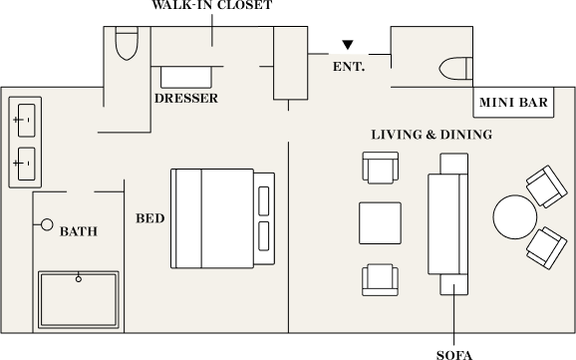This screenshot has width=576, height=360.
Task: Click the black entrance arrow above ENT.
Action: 348,45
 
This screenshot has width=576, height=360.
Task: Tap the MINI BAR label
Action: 513,103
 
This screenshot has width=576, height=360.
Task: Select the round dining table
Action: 514,217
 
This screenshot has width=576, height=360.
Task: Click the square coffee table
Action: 380,222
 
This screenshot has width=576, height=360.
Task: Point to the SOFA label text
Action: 454,355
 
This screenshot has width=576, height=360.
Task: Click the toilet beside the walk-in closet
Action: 127,43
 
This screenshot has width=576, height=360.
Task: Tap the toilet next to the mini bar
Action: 455,69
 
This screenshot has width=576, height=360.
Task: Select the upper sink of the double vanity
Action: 27,121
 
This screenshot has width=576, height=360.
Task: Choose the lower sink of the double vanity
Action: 27,164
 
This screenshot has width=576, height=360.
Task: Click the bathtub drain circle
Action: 79,279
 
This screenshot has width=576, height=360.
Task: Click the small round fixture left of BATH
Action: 47,224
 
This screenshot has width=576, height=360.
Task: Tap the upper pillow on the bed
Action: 264,200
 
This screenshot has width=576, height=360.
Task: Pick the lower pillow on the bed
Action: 264,236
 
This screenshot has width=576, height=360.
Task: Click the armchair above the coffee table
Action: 381,168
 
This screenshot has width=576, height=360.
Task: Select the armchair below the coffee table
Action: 380,280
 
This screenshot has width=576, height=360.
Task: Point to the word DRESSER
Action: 186,98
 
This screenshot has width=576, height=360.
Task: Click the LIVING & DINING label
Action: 432,135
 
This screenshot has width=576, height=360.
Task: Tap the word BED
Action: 150,218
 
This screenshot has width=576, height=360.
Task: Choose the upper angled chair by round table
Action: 546,186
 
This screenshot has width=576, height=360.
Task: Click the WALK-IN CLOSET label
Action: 212,5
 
